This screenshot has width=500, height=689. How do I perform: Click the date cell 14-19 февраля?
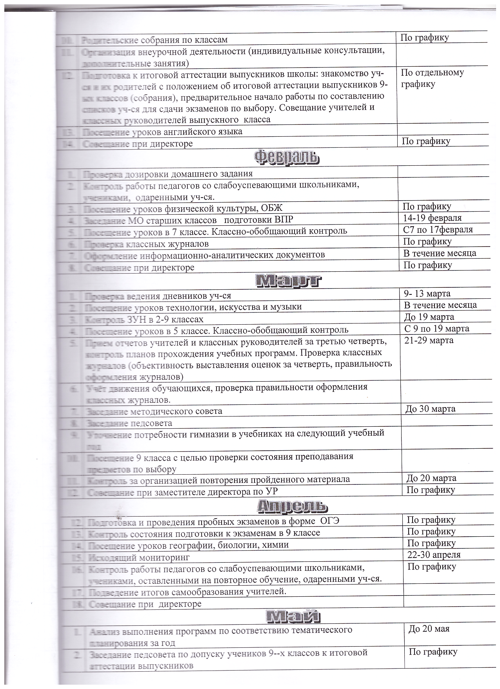pyautogui.click(x=432, y=218)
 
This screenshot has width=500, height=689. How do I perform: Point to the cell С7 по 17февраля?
pyautogui.click(x=438, y=229)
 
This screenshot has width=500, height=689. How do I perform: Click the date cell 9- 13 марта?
pyautogui.click(x=427, y=294)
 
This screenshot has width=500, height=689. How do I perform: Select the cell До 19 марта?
pyautogui.click(x=429, y=317)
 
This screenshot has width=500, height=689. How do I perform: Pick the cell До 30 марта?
pyautogui.click(x=430, y=409)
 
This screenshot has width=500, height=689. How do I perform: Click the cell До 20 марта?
pyautogui.click(x=431, y=478)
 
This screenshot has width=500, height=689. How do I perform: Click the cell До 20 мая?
pyautogui.click(x=429, y=629)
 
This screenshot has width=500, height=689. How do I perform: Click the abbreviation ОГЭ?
pyautogui.click(x=330, y=521)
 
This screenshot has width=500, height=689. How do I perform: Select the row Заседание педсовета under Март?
pyautogui.click(x=129, y=423)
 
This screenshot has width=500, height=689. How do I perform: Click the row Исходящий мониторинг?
pyautogui.click(x=139, y=557)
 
